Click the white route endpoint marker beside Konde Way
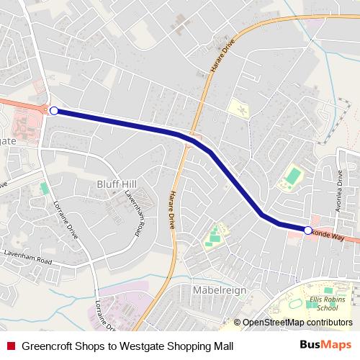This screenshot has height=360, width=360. (308, 230)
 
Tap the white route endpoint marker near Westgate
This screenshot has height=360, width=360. (54, 110)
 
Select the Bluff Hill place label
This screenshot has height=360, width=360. (115, 184)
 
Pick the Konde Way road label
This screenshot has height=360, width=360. (329, 235)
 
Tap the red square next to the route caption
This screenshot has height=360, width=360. (10, 346)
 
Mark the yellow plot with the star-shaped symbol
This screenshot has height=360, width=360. (241, 109)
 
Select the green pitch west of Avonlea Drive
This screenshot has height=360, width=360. (292, 175)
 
